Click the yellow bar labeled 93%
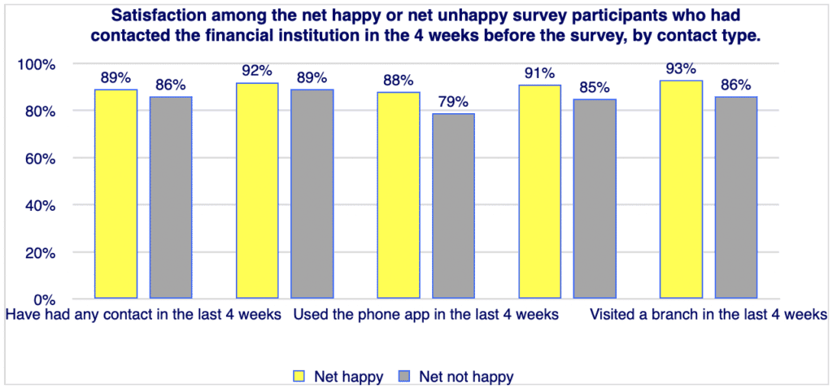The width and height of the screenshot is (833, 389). (x=681, y=190)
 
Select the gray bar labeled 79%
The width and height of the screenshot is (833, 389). (x=453, y=206)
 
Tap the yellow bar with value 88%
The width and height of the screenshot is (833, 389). (x=399, y=195)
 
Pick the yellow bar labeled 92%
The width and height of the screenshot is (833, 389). (x=257, y=190)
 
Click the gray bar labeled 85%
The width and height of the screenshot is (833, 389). (x=595, y=199)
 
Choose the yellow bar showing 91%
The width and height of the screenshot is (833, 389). (x=540, y=191)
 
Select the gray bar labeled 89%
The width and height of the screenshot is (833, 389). (x=312, y=194)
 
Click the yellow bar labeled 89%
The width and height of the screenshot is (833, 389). (x=116, y=194)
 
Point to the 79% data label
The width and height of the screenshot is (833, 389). (x=453, y=102)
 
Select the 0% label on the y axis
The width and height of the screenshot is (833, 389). (x=43, y=299)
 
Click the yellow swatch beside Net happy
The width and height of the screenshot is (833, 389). (x=299, y=376)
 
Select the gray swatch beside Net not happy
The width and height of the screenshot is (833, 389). (x=403, y=376)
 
